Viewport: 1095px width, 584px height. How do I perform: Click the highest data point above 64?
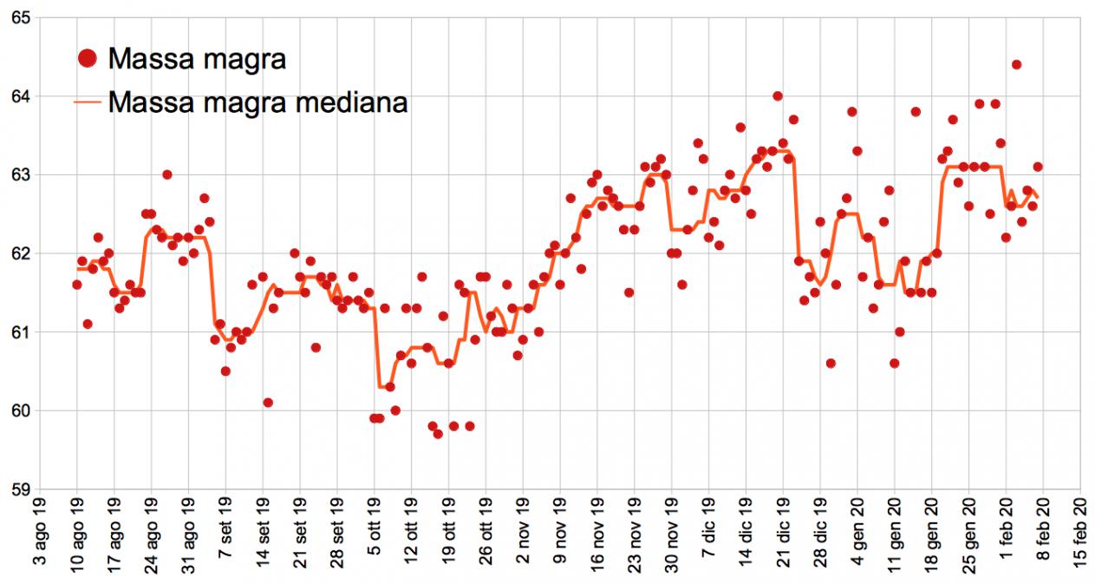(x=1016, y=64)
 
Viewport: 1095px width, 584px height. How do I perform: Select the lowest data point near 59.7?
(x=438, y=434)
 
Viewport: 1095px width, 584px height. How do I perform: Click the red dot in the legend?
(x=88, y=59)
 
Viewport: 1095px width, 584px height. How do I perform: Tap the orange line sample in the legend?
(x=88, y=102)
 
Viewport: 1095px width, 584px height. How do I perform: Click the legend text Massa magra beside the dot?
(x=198, y=59)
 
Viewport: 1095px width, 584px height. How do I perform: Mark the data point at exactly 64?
(x=778, y=95)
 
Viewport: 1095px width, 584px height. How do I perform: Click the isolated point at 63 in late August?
(x=166, y=174)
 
